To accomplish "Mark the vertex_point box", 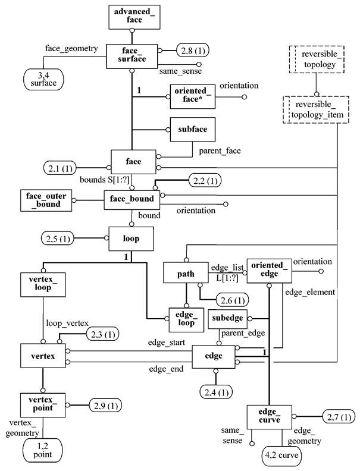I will [x=42, y=404].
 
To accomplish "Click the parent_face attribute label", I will [x=221, y=151].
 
